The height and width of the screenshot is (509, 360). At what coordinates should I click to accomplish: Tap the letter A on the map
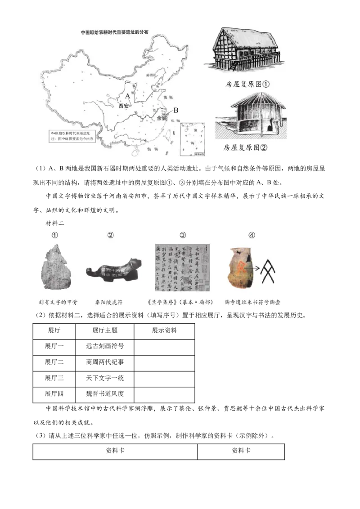tap(127, 96)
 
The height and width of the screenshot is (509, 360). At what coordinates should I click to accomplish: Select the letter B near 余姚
tap(176, 110)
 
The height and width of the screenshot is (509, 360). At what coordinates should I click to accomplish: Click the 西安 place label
tap(124, 106)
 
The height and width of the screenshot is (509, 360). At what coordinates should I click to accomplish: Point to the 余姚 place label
tap(161, 118)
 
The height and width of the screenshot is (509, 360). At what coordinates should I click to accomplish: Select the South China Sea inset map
tap(192, 140)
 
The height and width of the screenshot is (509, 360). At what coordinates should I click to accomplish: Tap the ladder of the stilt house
tap(234, 65)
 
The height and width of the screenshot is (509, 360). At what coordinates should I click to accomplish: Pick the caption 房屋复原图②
tap(245, 147)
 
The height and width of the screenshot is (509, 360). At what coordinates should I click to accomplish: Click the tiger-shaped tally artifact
tap(111, 271)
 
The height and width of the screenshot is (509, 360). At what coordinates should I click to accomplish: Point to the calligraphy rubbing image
tap(182, 268)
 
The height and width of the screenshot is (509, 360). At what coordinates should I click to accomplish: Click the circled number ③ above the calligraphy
tap(183, 235)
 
